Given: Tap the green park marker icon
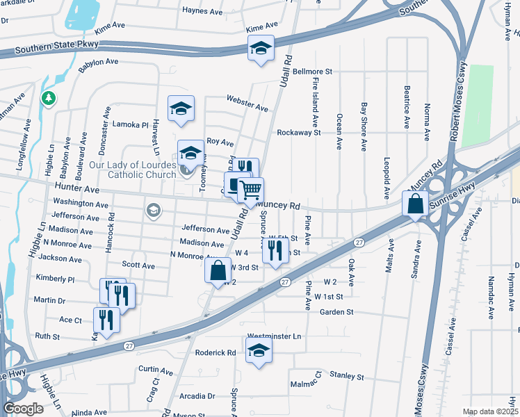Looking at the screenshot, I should coord(48,99).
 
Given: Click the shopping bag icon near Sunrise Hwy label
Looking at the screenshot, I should coord(415,204).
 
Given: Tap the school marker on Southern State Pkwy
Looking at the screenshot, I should coord(261,48).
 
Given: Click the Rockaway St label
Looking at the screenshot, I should coord(298,132).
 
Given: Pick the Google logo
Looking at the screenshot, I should coord(23,409).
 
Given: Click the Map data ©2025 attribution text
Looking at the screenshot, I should coord(490,411).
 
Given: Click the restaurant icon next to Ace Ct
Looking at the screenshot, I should coord(106,319).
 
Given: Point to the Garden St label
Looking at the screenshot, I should coord(337,312).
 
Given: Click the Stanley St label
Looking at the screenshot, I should coord(347,375).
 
